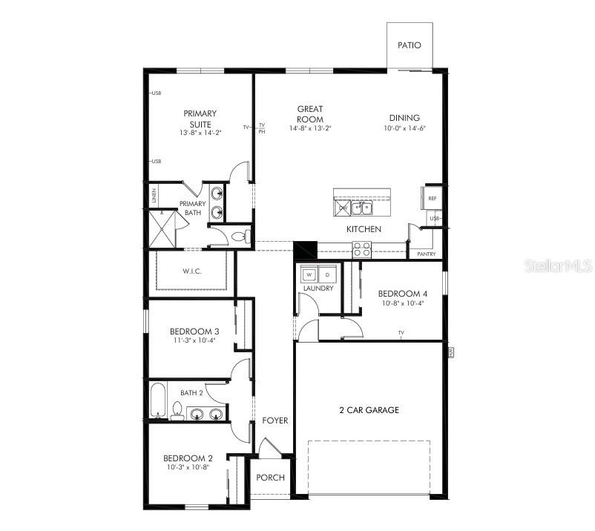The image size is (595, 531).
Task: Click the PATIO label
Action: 409,45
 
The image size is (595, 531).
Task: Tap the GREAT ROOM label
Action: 310,114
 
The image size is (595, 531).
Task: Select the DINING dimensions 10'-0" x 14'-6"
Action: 404,128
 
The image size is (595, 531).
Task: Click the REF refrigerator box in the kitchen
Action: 432,199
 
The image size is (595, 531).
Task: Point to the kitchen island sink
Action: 361,207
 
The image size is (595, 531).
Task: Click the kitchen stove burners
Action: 361,248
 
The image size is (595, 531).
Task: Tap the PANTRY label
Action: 426,254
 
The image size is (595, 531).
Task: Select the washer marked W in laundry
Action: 311,274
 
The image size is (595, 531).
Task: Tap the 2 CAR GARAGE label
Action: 369,410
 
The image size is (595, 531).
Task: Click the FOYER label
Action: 275,420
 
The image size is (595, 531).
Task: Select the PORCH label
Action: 270,477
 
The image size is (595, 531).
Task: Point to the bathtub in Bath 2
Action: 159,400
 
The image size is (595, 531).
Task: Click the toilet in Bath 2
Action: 177,410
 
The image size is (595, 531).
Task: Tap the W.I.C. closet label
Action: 191,271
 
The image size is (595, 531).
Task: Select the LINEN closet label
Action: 154,196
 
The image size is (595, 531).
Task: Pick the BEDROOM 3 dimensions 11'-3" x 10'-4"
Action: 194,340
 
